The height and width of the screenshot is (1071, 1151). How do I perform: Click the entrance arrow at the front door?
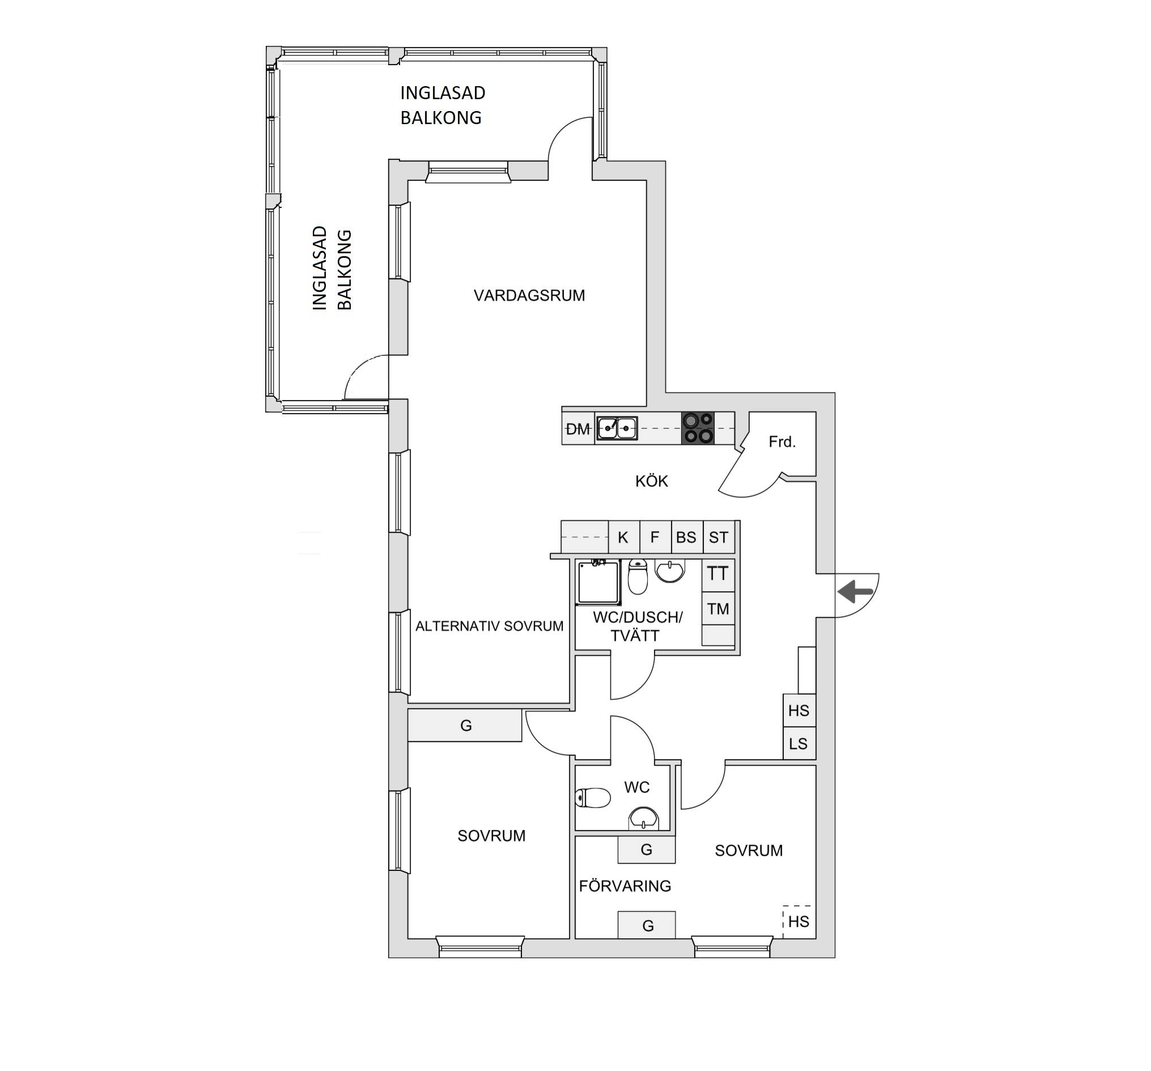coord(855,592)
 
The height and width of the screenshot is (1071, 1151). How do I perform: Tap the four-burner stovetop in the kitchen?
coord(698,428)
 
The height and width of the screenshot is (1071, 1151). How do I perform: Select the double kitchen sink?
coord(617,428)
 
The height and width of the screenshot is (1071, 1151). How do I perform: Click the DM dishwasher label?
coord(578,429)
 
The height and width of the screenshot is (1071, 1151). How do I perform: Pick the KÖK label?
coord(651,481)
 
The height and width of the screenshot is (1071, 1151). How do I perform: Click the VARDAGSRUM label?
coord(529,296)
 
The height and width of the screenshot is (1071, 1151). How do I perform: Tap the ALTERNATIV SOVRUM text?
coord(489,626)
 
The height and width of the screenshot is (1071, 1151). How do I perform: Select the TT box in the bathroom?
coord(718,574)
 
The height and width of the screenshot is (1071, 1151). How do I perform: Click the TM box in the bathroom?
coord(718,609)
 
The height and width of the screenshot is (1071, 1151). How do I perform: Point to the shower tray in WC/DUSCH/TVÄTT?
coord(598,582)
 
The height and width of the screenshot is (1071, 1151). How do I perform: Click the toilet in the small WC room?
coord(593,798)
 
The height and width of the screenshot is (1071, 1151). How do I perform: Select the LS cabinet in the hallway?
coord(799,743)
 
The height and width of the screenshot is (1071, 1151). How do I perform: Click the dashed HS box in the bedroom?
coord(799,921)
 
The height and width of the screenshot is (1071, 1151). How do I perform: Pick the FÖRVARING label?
coord(625,886)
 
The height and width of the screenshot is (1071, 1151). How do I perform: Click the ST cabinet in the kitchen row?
coord(719,537)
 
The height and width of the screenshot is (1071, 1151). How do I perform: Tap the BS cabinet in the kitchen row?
coord(687,537)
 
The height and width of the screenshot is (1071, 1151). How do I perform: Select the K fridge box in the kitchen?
coord(623,537)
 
